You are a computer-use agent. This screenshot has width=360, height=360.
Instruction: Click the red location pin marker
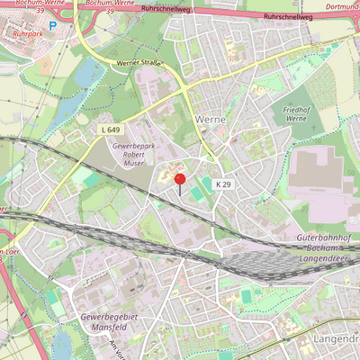(x=179, y=181)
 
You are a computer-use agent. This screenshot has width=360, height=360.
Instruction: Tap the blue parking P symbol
(x=52, y=26)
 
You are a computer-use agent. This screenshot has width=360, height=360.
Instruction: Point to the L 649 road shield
(x=110, y=130)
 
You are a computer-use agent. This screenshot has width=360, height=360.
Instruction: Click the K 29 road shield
(x=223, y=184)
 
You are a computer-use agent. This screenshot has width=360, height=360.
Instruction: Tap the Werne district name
(x=210, y=119)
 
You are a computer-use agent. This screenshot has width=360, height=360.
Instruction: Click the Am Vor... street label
(x=114, y=349)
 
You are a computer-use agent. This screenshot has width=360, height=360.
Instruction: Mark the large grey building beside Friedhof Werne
(x=319, y=171)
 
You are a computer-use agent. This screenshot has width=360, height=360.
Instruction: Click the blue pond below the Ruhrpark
(x=87, y=74)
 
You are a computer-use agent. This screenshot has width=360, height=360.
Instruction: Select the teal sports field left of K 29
(x=198, y=192)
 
